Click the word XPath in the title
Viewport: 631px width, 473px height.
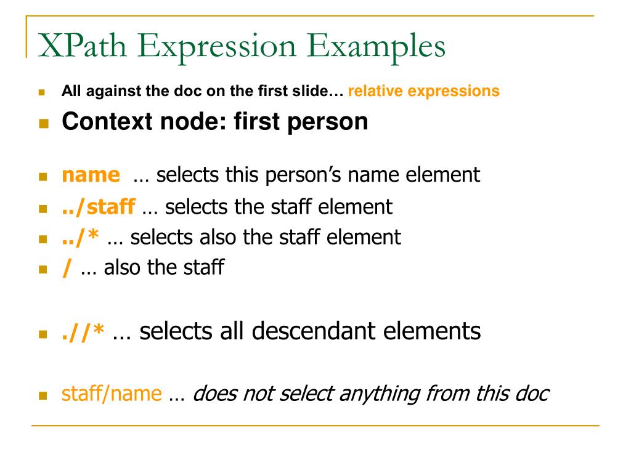coord(83,46)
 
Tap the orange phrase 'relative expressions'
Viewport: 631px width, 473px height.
coord(424,91)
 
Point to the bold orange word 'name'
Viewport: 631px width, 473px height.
coord(91,175)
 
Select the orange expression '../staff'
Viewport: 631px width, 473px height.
coord(98,207)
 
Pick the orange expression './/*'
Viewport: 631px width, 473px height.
coord(83,333)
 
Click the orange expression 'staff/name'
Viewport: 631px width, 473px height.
coord(112,394)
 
